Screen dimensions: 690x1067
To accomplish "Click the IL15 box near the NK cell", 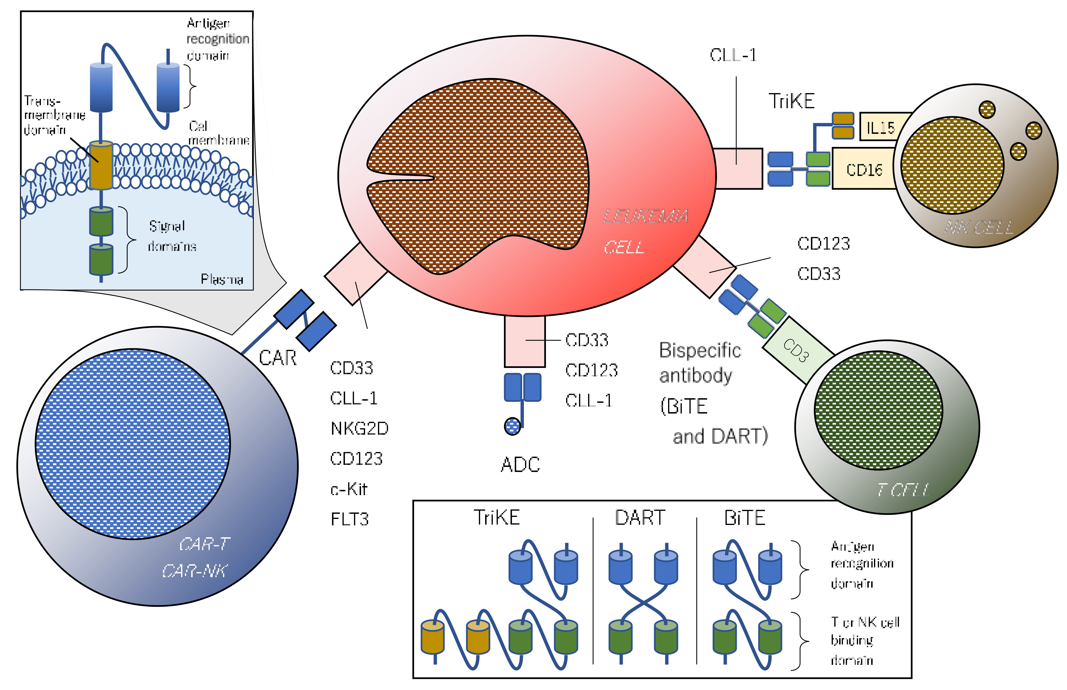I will click(x=880, y=127).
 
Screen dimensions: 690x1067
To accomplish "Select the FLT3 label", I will click(x=349, y=519).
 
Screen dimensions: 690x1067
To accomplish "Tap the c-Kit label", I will click(x=349, y=489).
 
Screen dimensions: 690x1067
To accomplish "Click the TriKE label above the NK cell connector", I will click(x=791, y=101).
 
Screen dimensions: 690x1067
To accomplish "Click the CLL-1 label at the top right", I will click(x=733, y=55).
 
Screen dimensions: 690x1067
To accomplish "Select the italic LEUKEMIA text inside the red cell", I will click(x=645, y=216).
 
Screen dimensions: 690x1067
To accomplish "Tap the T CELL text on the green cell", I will click(x=903, y=490).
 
